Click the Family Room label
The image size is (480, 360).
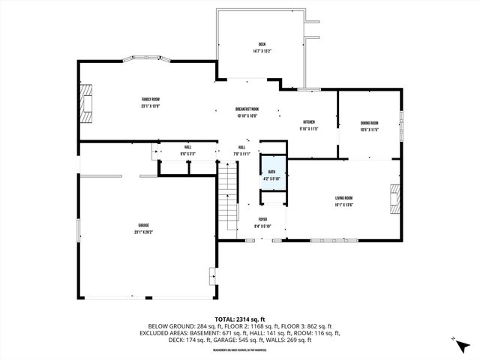point(151,100)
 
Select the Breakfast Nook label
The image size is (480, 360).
point(247,109)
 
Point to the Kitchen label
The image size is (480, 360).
point(308,122)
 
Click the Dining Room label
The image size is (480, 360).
point(369,123)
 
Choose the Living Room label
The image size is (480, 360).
point(343,198)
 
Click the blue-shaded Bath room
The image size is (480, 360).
point(271,174)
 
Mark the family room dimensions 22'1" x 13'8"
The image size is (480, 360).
point(151,106)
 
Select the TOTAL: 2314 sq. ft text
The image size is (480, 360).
point(240,319)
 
